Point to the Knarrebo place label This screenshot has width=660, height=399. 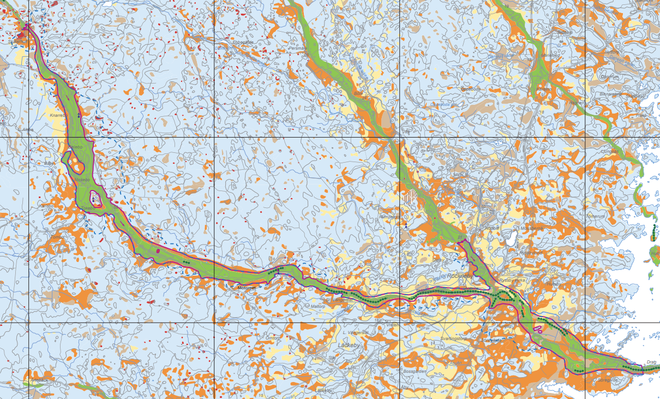tap(58, 116)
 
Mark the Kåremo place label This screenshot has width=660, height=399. tap(544, 88)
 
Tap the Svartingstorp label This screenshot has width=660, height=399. tap(453, 338)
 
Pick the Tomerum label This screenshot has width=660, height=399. tap(595, 216)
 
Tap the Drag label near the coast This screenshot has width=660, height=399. tap(651, 362)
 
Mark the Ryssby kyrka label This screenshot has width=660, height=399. tap(512, 279)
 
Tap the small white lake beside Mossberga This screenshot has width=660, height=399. tap(511, 238)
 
